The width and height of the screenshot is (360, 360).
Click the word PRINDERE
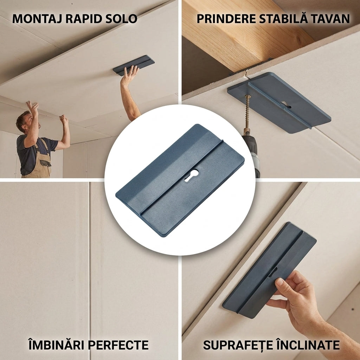(x=226, y=19)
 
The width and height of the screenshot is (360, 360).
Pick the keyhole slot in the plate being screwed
(x=286, y=105)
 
